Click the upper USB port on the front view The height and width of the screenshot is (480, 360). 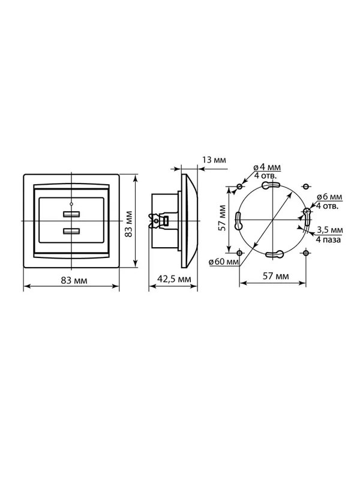point(71,214)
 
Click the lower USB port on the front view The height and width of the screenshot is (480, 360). point(71,231)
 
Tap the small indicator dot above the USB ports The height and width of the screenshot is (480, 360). point(71,203)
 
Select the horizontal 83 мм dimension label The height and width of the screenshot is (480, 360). point(74,280)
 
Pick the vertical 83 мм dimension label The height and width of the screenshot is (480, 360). point(129,223)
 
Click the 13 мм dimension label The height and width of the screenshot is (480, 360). point(214,160)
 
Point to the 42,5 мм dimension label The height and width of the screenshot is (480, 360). point(174,279)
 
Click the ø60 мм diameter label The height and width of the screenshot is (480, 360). point(224,262)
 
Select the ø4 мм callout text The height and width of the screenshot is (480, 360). point(267,167)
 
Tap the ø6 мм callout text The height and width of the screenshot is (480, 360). point(329,197)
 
